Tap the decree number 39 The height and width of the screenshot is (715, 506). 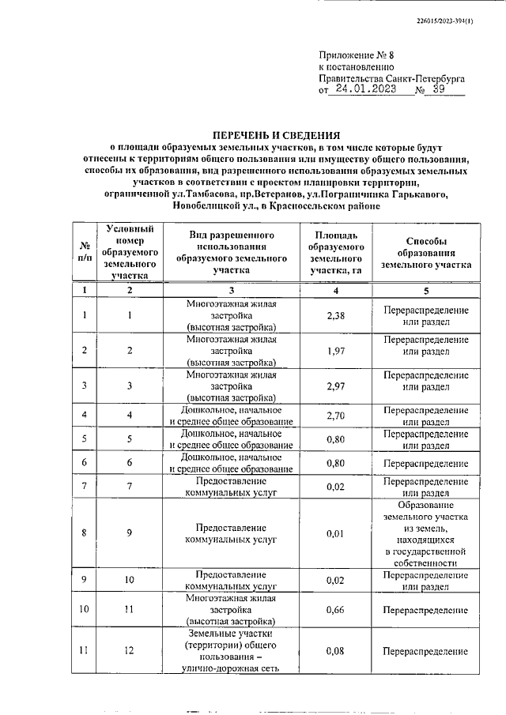(440, 90)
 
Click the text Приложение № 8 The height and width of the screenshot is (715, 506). (352, 56)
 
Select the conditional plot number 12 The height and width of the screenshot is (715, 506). (129, 650)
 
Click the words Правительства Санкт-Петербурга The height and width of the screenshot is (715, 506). (391, 79)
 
